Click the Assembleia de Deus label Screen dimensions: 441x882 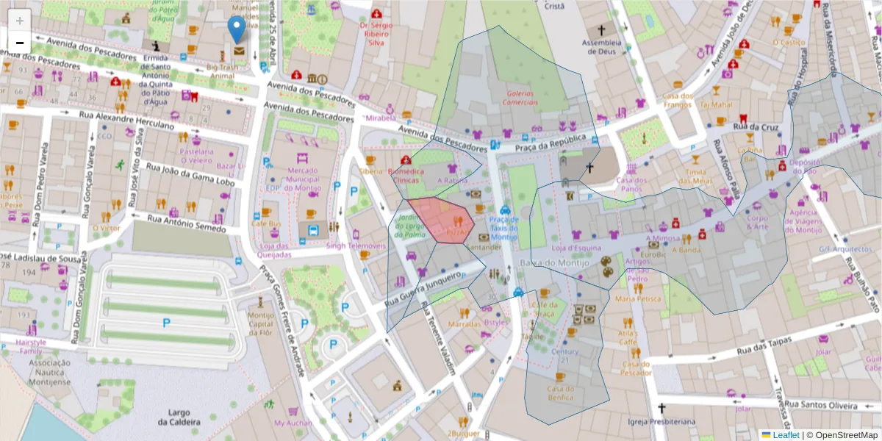[602, 46]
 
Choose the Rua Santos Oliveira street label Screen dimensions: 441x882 [822, 404]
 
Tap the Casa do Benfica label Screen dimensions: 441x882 [560, 392]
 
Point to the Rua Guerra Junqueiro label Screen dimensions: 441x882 [429, 287]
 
